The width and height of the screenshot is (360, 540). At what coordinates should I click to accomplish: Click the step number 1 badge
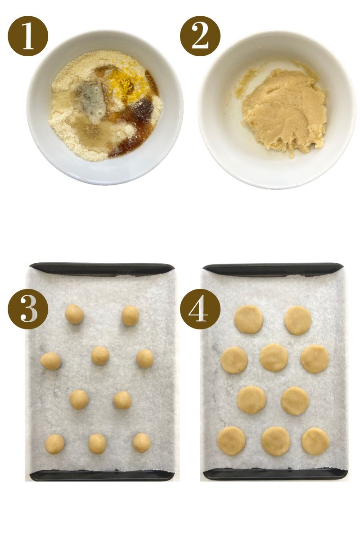pos(28,36)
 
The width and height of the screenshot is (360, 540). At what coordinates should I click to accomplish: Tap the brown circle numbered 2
pos(200,36)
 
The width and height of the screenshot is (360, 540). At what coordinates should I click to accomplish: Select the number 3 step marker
pos(28,309)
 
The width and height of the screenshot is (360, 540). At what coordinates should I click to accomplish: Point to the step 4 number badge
pos(200,309)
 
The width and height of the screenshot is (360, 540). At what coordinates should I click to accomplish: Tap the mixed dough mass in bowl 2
pos(283,110)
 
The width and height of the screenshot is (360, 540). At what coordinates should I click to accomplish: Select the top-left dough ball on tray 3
pos(74,314)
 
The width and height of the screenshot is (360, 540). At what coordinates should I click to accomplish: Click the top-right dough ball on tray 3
pos(130,315)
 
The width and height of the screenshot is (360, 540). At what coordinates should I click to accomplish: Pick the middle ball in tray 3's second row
pos(100,355)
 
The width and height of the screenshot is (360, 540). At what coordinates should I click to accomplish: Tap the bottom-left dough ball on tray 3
pos(54,444)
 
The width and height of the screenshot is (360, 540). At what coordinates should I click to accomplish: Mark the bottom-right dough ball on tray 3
pos(141,443)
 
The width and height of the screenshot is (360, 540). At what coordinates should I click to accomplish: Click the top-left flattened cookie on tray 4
pos(248,319)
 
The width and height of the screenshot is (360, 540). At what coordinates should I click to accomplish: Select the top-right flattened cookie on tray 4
pos(297,320)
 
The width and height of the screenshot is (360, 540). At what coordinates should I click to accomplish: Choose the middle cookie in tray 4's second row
pos(274,357)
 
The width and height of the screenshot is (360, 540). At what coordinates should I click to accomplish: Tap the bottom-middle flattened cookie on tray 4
pos(275,441)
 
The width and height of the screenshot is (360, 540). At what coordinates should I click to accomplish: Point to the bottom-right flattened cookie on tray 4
pos(315,441)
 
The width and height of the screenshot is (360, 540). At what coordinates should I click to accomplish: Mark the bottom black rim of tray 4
pos(274,474)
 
